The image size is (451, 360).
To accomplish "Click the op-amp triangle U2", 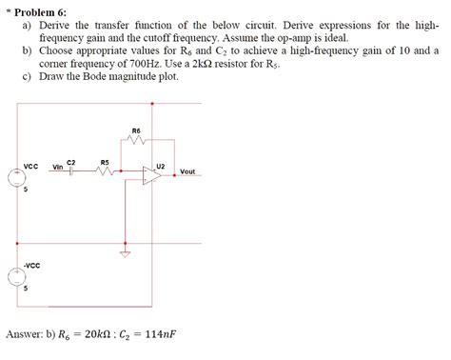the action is pyautogui.click(x=150, y=174).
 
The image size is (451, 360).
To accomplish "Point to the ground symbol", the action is pyautogui.click(x=123, y=254).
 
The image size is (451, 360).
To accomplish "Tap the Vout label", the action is pyautogui.click(x=187, y=172).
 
